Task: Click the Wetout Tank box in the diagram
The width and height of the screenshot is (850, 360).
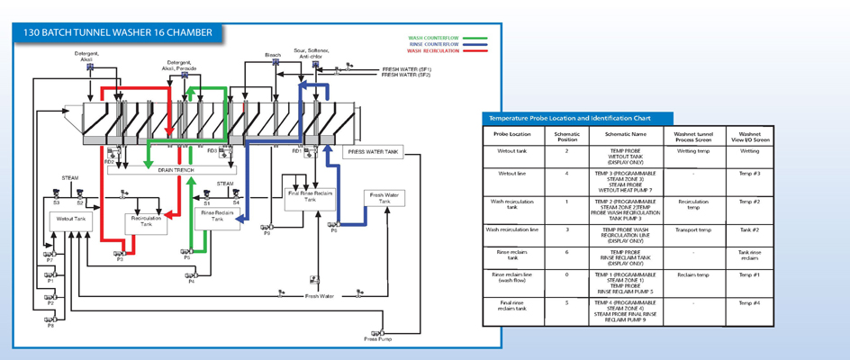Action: tap(71, 219)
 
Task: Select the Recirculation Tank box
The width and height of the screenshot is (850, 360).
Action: tap(145, 221)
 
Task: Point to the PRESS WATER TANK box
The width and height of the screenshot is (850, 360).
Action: tap(373, 152)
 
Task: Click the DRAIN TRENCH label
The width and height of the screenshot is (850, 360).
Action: tap(176, 169)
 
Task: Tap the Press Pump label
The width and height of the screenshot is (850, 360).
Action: tap(377, 339)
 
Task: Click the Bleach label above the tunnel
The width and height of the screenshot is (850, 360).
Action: tap(272, 55)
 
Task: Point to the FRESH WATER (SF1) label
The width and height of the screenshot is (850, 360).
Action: tap(406, 68)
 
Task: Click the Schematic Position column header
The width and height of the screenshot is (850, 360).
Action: tap(566, 137)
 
